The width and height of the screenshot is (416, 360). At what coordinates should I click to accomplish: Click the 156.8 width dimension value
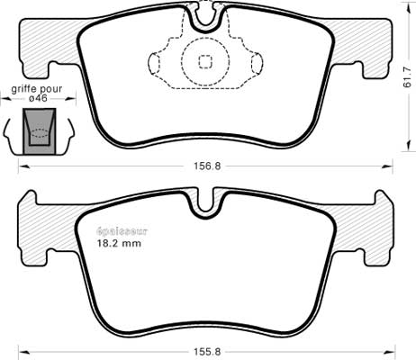coord(207,166)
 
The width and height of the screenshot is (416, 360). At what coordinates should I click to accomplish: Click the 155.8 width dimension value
coord(207,351)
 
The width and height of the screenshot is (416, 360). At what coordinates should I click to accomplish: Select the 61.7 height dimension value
coord(407,77)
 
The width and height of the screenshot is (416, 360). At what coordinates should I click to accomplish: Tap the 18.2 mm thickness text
coord(119,243)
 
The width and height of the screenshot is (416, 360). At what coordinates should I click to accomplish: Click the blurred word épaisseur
coord(122,231)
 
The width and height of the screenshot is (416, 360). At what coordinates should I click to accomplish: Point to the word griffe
coord(23,89)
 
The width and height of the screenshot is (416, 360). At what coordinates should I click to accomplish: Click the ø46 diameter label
coord(38,98)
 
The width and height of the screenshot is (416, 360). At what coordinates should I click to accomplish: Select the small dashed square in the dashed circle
coord(205,62)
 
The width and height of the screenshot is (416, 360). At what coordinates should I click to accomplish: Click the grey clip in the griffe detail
coord(40,131)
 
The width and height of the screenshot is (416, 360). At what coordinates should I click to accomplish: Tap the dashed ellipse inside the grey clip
coord(40,133)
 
